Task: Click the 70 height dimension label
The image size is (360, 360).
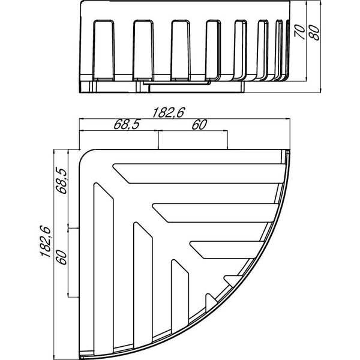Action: pos(300,32)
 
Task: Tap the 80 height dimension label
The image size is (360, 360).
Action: pos(314,32)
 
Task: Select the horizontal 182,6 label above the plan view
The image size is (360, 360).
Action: pos(169,113)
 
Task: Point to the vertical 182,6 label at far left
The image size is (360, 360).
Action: pos(45,241)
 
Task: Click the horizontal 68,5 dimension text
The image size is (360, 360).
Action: pos(127,125)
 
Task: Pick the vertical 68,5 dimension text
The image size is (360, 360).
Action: pos(62,181)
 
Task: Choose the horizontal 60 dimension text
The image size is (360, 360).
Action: pos(199,125)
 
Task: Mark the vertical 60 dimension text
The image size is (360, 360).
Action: pos(62,257)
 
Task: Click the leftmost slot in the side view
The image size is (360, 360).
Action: pos(104,50)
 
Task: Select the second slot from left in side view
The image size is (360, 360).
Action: pos(143,50)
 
